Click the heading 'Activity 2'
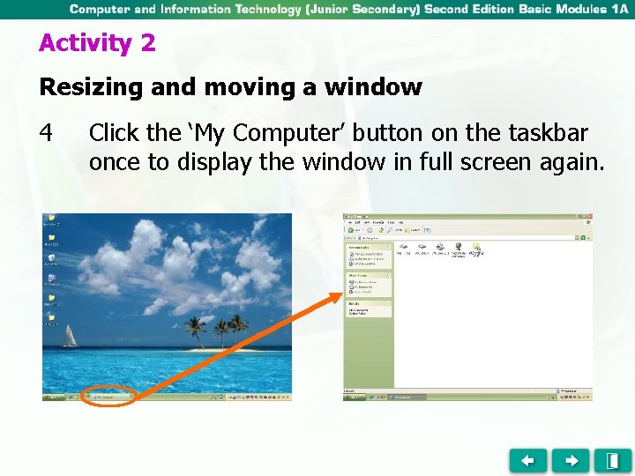[x=97, y=43]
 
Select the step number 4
[x=47, y=134]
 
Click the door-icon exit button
[x=612, y=460]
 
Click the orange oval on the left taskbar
[x=109, y=397]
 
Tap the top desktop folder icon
[x=51, y=218]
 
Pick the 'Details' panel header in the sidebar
[x=355, y=303]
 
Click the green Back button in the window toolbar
[x=350, y=230]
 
